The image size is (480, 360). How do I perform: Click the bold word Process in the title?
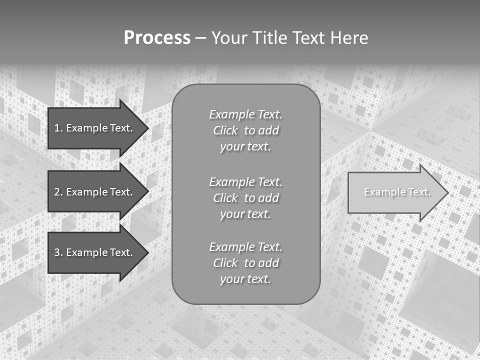(157, 38)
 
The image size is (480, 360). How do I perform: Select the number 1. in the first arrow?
(58, 128)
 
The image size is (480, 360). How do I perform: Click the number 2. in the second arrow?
(58, 192)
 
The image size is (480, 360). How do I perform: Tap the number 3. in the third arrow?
(58, 252)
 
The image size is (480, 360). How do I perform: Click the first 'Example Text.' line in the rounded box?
(245, 114)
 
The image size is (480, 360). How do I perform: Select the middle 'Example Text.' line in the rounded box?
(245, 181)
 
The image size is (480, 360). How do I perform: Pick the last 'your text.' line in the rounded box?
(245, 279)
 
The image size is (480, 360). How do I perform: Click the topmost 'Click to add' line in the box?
(245, 130)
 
